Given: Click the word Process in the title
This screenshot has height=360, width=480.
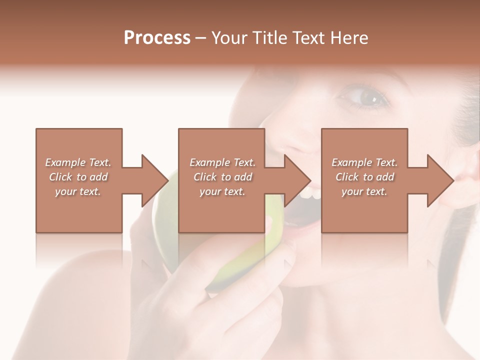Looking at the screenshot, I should (x=157, y=38).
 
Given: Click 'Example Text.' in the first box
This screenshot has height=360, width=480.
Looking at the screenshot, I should (x=78, y=162).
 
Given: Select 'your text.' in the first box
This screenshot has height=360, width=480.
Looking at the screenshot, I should (x=78, y=191).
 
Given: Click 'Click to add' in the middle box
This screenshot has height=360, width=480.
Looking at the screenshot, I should (x=222, y=177).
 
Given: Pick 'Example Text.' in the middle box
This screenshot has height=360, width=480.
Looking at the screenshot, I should (x=222, y=162).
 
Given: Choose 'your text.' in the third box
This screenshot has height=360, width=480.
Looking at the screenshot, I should (x=364, y=191).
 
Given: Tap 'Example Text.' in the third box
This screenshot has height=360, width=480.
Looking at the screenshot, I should (x=364, y=162).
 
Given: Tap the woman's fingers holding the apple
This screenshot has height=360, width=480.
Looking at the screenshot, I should (x=260, y=280).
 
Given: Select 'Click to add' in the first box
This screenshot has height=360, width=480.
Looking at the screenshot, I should (x=78, y=177).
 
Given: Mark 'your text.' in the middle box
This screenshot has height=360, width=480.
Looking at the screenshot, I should (x=222, y=191).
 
